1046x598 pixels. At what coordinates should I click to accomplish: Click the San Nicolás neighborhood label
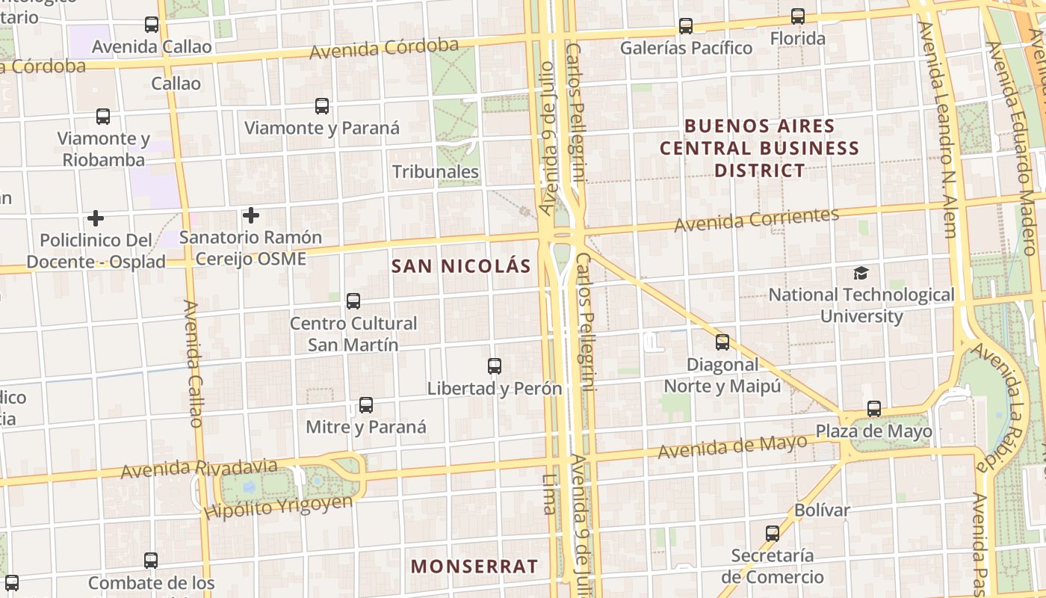coord(461,266)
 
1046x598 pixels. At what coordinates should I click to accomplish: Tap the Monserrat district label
coord(474,567)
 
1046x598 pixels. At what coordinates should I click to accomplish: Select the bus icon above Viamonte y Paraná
coord(322,106)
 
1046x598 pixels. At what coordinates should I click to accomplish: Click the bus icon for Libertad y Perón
coord(494,366)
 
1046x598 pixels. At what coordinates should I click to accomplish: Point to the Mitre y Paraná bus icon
coord(365,405)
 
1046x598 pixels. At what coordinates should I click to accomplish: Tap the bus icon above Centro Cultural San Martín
coord(353,301)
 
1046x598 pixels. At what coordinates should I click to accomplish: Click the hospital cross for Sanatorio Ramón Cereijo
coord(250,216)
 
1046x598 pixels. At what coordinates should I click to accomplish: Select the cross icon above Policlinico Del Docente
coord(95,218)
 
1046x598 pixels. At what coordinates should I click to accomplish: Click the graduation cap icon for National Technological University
coord(861,273)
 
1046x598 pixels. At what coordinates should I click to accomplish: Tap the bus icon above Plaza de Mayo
coord(874,409)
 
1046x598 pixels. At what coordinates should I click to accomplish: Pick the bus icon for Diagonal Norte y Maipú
coord(722,342)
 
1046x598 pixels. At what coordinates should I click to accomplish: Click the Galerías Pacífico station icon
coord(686,26)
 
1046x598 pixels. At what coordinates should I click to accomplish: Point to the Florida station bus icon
coord(798,16)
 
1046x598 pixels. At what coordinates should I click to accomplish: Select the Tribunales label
coord(436,171)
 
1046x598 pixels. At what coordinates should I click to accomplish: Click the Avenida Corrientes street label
coord(757,219)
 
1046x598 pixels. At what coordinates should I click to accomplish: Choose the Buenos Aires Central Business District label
coord(759,148)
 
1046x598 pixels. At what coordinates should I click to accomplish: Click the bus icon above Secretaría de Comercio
coord(773,534)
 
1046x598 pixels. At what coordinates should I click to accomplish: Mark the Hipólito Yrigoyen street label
coord(278,507)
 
